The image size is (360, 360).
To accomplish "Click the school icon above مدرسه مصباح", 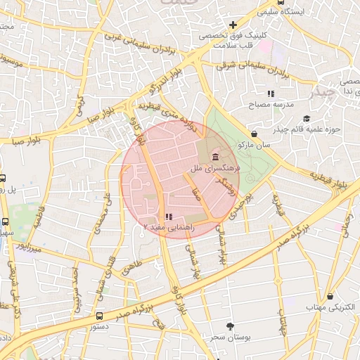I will (x=271, y=94).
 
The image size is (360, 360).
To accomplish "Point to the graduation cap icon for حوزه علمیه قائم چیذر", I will (x=306, y=118).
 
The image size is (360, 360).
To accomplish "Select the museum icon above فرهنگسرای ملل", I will (x=214, y=156).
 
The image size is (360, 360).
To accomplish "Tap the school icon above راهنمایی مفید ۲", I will (x=167, y=217).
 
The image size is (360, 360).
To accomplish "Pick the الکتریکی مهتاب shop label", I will (x=328, y=307).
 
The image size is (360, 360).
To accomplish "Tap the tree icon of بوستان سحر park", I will (x=230, y=326).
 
